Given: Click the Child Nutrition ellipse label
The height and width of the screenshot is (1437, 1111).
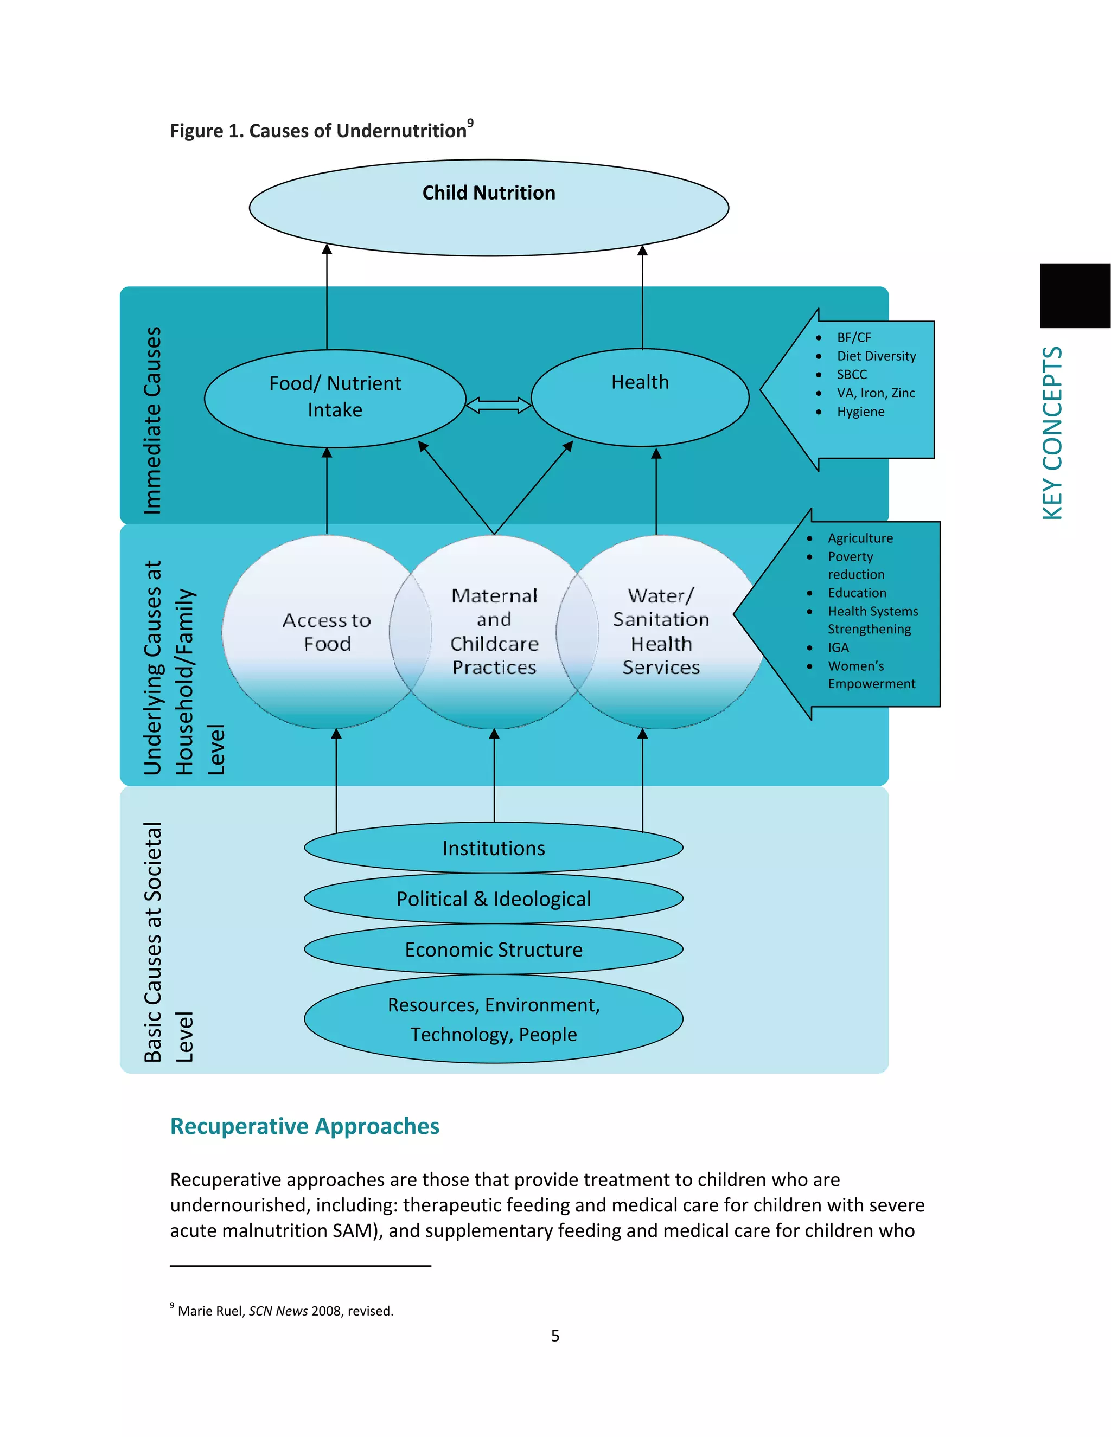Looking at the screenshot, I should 488,193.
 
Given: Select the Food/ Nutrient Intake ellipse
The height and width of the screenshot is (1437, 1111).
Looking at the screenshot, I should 335,397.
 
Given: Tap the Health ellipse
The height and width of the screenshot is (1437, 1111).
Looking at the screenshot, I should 640,382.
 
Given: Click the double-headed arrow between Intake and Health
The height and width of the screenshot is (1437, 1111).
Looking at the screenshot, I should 498,405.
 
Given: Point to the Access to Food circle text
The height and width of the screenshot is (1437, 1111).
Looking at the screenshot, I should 327,632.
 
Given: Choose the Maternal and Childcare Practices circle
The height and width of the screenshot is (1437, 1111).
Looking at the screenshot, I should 494,632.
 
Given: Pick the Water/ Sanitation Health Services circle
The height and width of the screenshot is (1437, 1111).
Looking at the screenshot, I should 661,632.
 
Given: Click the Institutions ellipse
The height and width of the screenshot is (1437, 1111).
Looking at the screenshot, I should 494,848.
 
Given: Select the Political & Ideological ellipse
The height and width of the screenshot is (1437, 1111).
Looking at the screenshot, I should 494,899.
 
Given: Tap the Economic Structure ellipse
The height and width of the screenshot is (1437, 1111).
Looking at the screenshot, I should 494,950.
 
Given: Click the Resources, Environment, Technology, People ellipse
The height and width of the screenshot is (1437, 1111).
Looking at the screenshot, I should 494,1019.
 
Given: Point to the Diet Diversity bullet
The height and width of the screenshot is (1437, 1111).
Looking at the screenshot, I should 876,356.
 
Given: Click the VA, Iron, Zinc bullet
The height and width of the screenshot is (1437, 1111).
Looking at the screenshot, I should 876,393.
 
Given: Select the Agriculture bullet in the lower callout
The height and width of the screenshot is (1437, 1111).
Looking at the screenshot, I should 860,538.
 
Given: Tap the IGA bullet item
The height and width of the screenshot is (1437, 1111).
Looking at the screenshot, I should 839,647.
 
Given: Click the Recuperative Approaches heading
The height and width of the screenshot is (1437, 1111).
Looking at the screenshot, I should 304,1126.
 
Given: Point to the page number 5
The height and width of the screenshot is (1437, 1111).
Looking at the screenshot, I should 555,1336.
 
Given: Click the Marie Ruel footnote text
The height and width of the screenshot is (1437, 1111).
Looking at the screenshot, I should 285,1311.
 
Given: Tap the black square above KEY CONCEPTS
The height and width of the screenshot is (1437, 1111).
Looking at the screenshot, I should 1075,296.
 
